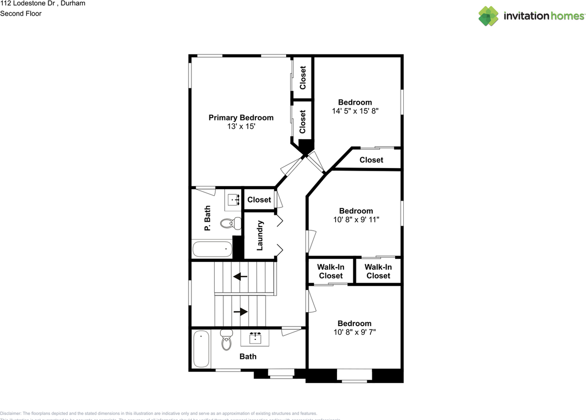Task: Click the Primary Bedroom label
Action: pos(241,118)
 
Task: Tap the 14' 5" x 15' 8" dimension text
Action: pos(355,111)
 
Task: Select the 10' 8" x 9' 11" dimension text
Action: pos(356,219)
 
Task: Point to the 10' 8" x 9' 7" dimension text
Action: pos(355,332)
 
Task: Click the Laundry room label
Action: pos(260,235)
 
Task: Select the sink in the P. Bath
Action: pos(234,199)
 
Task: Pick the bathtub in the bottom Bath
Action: pos(201,349)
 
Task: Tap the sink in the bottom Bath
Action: pos(255,338)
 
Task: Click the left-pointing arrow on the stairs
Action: pos(240,277)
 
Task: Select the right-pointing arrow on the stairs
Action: pos(240,311)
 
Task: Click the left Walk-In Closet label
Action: pos(331,271)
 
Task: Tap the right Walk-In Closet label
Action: pos(378,271)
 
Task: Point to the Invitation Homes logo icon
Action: pos(488,16)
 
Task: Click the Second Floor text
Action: pos(21,13)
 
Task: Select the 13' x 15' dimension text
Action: pos(241,126)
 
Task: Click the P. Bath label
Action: pos(207,218)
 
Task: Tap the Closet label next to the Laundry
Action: pos(259,200)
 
